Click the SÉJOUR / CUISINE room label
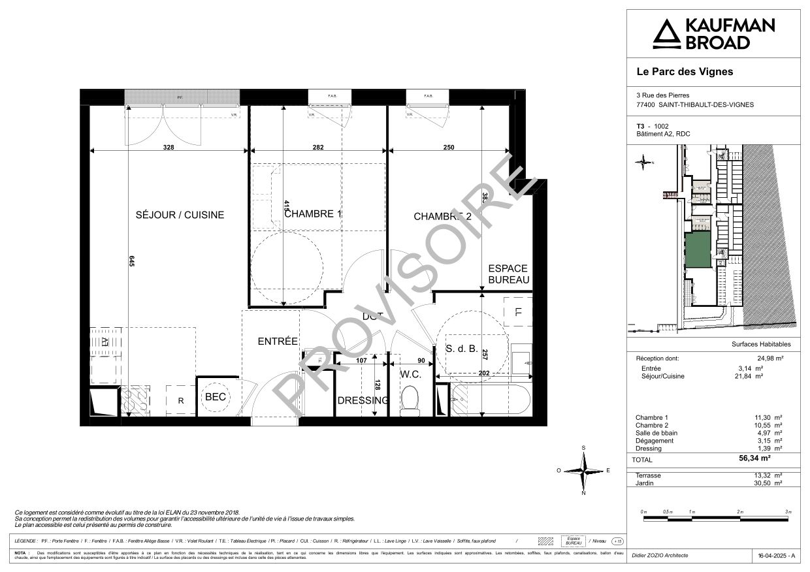[x=180, y=215]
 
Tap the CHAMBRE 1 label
[x=314, y=214]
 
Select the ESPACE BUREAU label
[x=508, y=274]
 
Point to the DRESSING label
[x=363, y=400]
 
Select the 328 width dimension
[x=169, y=148]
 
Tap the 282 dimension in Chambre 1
[x=318, y=148]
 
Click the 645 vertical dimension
[x=131, y=261]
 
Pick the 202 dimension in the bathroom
[x=484, y=373]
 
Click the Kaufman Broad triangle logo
[x=666, y=34]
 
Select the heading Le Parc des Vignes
[x=685, y=72]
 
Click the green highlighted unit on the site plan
[x=698, y=249]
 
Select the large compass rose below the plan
[x=583, y=470]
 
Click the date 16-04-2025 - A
[x=775, y=556]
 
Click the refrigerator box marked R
[x=180, y=400]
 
